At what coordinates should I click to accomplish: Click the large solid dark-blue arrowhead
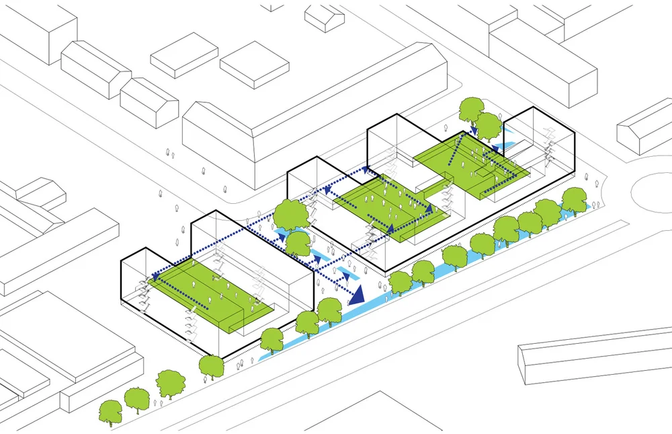tap(355, 293)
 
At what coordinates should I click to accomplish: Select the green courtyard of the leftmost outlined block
tap(208, 296)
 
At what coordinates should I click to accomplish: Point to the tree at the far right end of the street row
tap(574, 199)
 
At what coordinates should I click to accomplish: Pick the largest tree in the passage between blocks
tap(291, 215)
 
